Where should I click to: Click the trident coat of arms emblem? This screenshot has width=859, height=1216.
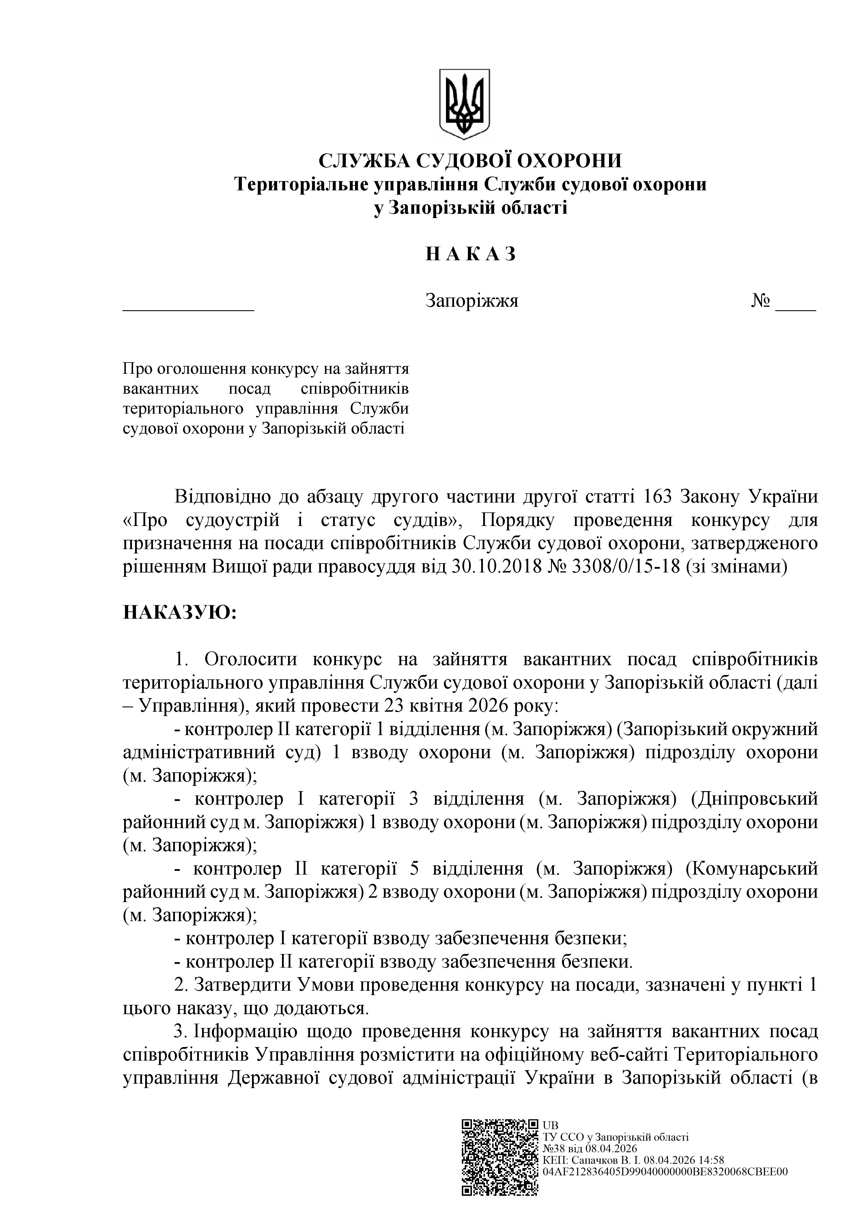(464, 103)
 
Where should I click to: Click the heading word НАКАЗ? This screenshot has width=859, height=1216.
(470, 254)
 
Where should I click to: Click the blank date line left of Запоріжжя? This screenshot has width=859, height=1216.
(188, 306)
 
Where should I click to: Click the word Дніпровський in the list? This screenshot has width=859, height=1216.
(754, 799)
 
